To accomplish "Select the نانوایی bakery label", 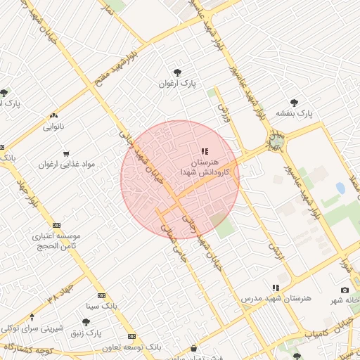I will pyautogui.click(x=54, y=127).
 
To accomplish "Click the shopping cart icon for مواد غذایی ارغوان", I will pyautogui.click(x=66, y=153).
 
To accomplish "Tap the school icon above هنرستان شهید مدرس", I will pyautogui.click(x=276, y=288).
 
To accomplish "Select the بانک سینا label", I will pyautogui.click(x=101, y=306).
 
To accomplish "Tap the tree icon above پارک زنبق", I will pyautogui.click(x=86, y=321).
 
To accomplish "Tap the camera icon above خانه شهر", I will pyautogui.click(x=345, y=290).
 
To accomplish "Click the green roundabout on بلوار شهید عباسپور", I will pyautogui.click(x=276, y=143).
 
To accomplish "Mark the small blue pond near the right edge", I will pyautogui.click(x=340, y=188).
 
